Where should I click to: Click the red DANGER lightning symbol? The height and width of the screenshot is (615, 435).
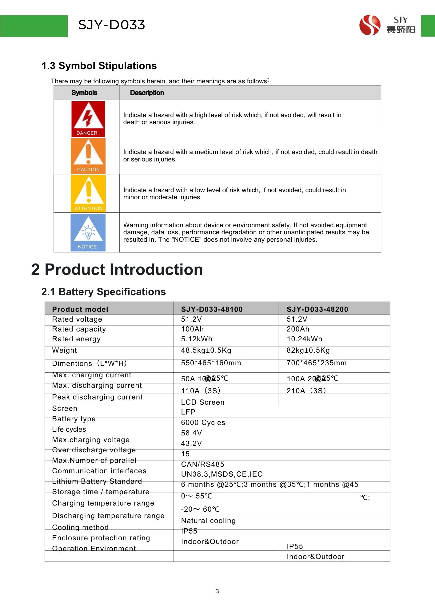[88, 119]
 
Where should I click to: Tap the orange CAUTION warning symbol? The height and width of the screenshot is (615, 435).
[88, 156]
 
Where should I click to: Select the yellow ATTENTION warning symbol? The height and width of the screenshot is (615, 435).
[88, 193]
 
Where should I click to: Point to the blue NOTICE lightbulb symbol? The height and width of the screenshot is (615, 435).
[88, 233]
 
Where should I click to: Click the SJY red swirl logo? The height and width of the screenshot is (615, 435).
[369, 25]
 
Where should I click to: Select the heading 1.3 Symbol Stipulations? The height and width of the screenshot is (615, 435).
[99, 66]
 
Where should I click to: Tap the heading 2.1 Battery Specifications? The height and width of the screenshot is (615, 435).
[103, 292]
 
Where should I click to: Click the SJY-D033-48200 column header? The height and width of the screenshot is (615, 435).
[317, 309]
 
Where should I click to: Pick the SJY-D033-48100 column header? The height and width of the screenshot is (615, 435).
[212, 309]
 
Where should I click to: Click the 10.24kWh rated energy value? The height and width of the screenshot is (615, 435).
[304, 339]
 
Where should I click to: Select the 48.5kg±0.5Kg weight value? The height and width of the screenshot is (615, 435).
[206, 351]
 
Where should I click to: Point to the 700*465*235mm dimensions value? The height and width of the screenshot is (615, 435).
[316, 363]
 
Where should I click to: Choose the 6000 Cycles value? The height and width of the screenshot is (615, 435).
[203, 423]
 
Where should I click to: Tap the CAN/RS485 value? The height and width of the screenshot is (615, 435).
[202, 464]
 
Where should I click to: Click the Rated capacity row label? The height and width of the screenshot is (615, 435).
[79, 329]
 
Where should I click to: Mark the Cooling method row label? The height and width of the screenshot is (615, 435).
[80, 527]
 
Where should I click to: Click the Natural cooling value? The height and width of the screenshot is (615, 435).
[208, 521]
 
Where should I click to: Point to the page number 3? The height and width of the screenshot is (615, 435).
[217, 591]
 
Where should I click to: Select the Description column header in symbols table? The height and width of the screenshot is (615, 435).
[147, 93]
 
